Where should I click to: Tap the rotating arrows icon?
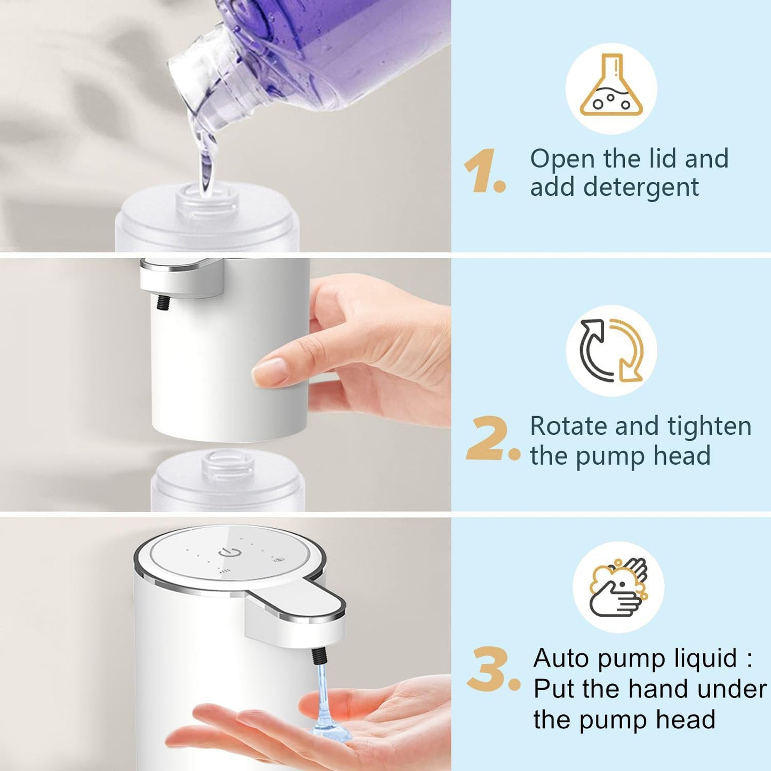611,351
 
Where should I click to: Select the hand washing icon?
618,587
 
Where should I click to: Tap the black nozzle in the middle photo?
162,303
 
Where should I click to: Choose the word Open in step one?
562,159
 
